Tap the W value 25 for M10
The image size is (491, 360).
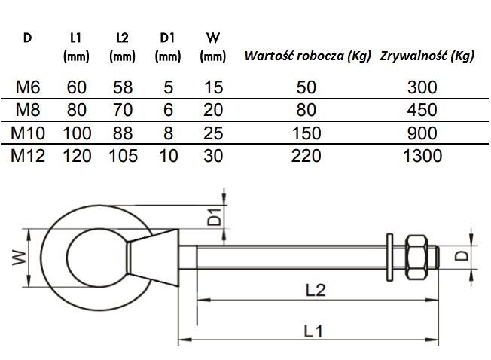[214, 133]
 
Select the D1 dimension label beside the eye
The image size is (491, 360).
[214, 217]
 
